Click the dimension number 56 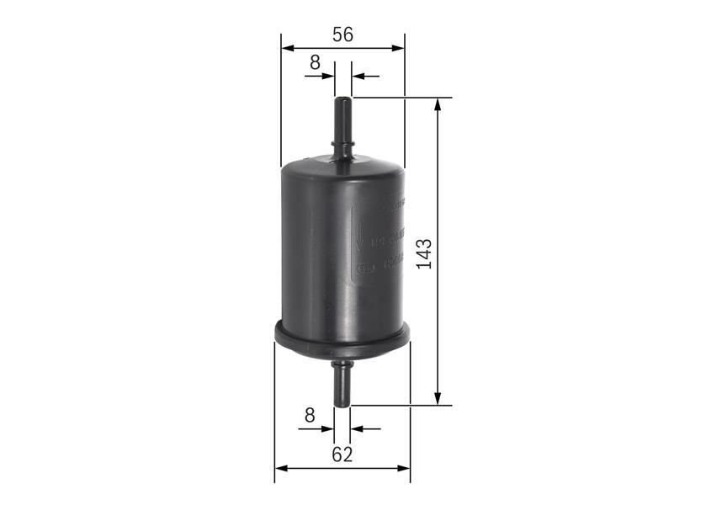pos(342,35)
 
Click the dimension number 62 pos(342,454)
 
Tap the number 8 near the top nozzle pos(315,61)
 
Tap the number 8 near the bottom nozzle pos(309,414)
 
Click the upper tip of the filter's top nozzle pos(342,99)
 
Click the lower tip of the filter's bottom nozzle pos(342,405)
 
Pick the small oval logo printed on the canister pos(363,270)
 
